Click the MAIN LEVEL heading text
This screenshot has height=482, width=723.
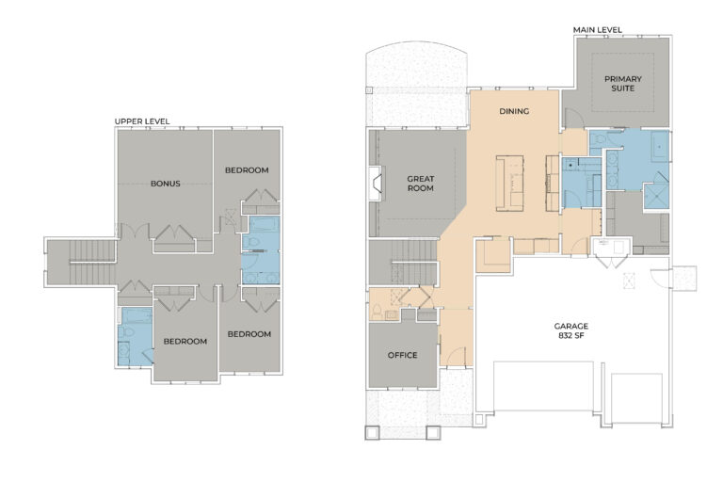point(598,30)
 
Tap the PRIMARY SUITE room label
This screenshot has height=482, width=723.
point(620,83)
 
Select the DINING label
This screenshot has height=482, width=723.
point(515,110)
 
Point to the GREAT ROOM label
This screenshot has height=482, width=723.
point(419,183)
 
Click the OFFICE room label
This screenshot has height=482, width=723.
point(402,355)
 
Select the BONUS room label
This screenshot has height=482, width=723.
point(165,184)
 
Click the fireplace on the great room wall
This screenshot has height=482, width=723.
point(375,184)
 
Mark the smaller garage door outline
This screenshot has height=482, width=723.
point(638,395)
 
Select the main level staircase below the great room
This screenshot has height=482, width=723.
point(402,262)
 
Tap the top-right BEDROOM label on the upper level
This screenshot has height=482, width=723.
point(247,169)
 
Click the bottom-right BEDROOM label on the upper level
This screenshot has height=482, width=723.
point(249,333)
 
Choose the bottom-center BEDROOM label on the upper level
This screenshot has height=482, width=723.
point(185,341)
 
